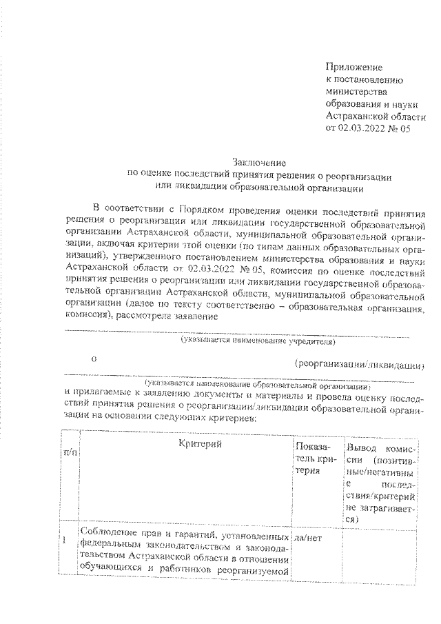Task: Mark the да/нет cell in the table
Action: click(308, 535)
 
